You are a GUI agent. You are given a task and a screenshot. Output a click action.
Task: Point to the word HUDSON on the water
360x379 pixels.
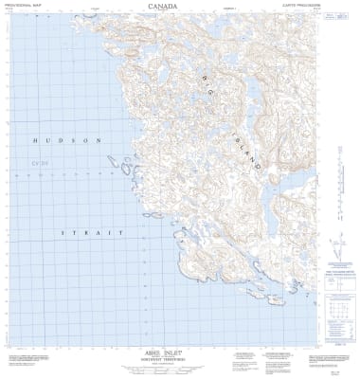coord(66,141)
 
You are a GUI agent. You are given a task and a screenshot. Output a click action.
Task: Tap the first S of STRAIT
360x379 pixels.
coord(63,232)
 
